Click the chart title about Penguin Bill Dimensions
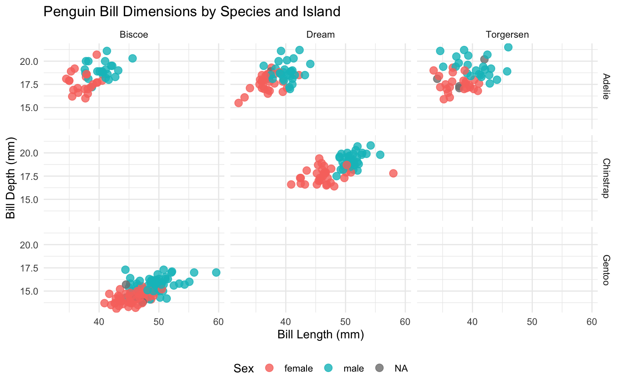[x=192, y=12]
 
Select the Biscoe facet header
[x=134, y=35]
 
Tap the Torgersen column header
[x=507, y=35]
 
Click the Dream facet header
[x=320, y=35]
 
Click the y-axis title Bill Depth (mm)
[x=11, y=178]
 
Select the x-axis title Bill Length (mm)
[x=320, y=335]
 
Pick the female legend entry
[x=298, y=368]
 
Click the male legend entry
[x=354, y=368]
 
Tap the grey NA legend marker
[x=379, y=368]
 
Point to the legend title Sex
[x=243, y=368]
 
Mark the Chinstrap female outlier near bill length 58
[x=393, y=173]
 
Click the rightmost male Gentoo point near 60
[x=216, y=272]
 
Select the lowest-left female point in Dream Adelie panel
[x=239, y=103]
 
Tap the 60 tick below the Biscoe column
[x=219, y=322]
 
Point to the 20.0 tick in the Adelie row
[x=30, y=62]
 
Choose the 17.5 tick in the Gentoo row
[x=30, y=268]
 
